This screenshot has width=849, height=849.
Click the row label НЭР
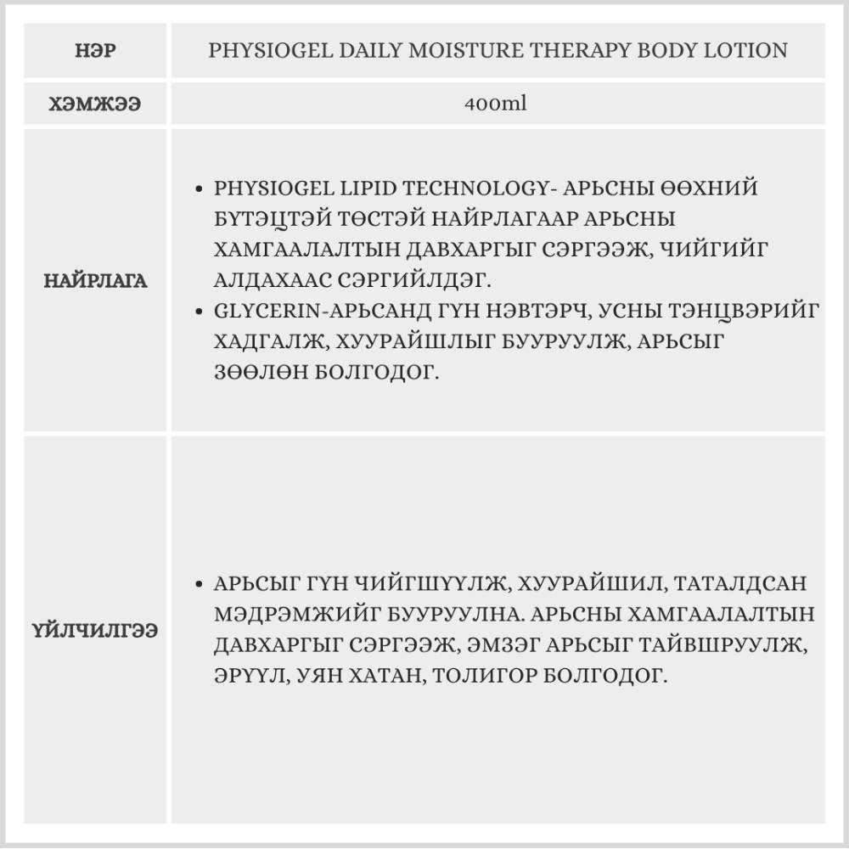pos(95,51)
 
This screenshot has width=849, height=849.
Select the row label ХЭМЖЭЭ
pos(95,104)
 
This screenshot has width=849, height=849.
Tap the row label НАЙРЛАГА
pos(95,281)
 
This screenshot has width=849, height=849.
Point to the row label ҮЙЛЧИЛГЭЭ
pos(95,631)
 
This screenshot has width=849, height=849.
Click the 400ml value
pos(497,104)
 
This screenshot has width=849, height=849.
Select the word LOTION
pos(750,51)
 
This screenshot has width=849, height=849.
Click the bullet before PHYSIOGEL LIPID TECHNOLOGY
pos(199,188)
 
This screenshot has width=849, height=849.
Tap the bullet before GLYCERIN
pos(199,312)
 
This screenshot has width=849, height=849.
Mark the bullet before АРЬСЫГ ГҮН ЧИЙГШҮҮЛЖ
pos(199,585)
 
